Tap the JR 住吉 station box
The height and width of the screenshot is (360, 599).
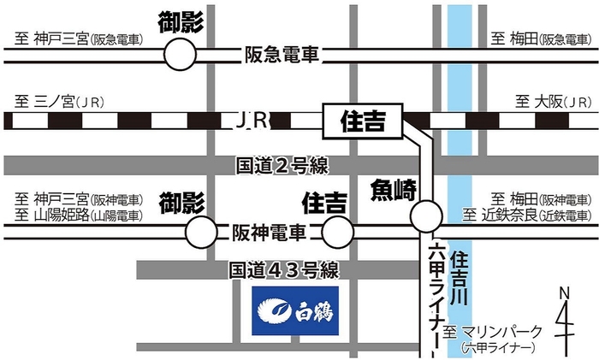[x=363, y=121]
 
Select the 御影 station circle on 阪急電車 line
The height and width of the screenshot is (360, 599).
[x=181, y=56]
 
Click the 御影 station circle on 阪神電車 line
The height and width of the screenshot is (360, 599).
[x=203, y=231]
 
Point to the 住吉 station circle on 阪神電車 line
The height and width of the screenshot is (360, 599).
[x=339, y=231]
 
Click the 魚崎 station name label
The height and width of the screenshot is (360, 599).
[x=391, y=188]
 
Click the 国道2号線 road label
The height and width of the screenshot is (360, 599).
[x=282, y=164]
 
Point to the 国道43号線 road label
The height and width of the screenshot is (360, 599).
[x=284, y=271]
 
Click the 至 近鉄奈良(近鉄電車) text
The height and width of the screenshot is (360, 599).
[x=527, y=214]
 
